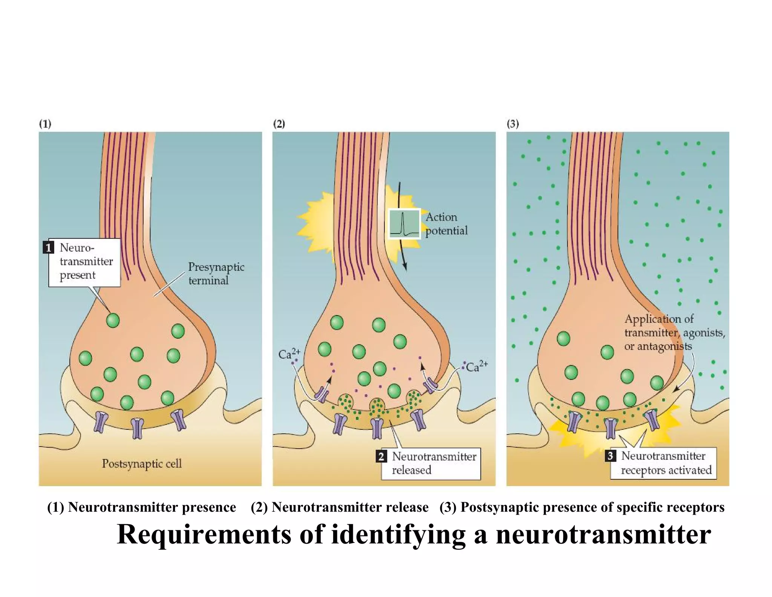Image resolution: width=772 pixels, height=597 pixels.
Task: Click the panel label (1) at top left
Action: click(45, 124)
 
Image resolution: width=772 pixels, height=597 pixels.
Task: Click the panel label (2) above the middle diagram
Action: click(279, 124)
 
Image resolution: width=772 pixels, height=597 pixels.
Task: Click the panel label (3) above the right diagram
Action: click(513, 124)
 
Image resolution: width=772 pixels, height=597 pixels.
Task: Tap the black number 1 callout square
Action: click(48, 248)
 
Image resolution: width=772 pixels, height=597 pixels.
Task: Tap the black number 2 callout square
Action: click(381, 456)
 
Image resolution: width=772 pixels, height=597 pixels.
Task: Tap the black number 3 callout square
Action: click(610, 456)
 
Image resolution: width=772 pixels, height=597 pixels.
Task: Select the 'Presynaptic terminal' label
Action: click(216, 274)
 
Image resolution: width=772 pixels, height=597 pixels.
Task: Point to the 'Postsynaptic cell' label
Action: click(142, 463)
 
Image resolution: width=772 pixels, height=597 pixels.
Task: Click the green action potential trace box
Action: click(404, 224)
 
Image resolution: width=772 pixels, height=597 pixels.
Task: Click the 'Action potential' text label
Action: click(446, 224)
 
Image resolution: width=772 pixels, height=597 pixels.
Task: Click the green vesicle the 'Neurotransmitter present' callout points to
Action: click(113, 320)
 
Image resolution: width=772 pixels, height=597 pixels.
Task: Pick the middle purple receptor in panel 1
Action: click(138, 428)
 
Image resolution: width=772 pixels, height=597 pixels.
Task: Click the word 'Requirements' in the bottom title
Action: click(204, 535)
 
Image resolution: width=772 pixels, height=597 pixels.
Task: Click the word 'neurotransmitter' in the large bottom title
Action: click(603, 535)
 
